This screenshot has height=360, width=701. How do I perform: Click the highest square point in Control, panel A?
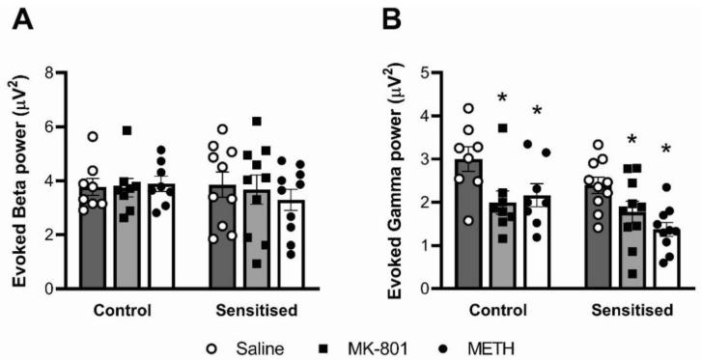(x=126, y=130)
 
